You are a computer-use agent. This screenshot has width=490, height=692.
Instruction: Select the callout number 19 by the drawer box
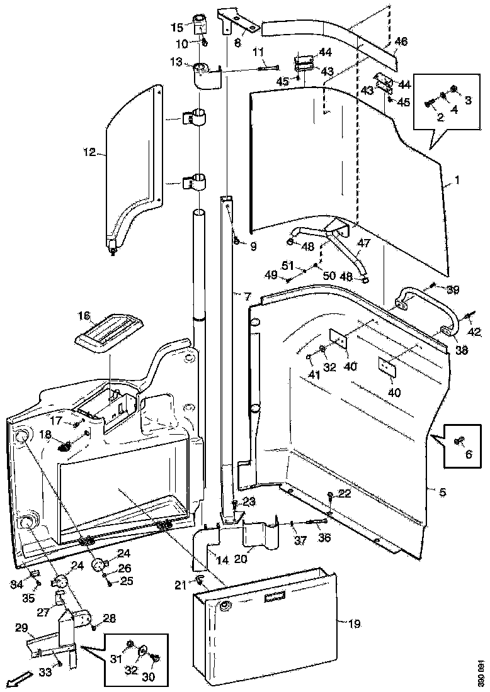pyautogui.click(x=355, y=624)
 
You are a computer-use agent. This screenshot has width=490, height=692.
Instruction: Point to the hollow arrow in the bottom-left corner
pyautogui.click(x=19, y=679)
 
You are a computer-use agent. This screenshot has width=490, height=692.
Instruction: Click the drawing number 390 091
pyautogui.click(x=481, y=671)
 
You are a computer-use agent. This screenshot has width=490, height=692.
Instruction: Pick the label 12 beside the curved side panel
pyautogui.click(x=89, y=151)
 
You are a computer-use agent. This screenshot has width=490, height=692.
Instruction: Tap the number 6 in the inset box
pyautogui.click(x=467, y=453)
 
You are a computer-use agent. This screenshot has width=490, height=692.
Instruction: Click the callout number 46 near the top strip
pyautogui.click(x=401, y=42)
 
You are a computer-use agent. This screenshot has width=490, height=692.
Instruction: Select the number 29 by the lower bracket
pyautogui.click(x=21, y=628)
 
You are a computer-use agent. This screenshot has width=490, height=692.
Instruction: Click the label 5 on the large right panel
pyautogui.click(x=443, y=492)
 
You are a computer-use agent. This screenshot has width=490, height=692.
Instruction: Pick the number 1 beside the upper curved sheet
pyautogui.click(x=457, y=180)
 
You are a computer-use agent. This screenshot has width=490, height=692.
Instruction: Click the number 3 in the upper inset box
pyautogui.click(x=467, y=100)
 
